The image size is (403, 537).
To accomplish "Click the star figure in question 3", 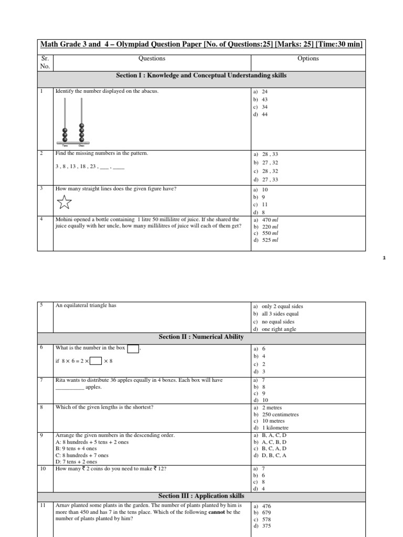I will (63, 201).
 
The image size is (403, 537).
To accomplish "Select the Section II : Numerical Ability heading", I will (201, 337).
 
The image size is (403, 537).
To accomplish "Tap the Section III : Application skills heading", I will (201, 496).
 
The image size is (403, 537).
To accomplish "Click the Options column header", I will (308, 59).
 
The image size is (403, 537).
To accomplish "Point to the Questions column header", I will (152, 59).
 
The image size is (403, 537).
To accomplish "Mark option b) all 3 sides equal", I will (278, 314).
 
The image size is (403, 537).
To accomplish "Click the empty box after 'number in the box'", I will (133, 349).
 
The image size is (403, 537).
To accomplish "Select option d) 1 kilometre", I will (271, 428).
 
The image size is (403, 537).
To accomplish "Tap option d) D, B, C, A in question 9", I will (270, 455).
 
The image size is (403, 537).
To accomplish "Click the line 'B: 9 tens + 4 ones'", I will (76, 448).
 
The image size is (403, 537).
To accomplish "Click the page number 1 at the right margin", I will (384, 258).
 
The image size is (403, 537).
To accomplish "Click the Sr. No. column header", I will (45, 62).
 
